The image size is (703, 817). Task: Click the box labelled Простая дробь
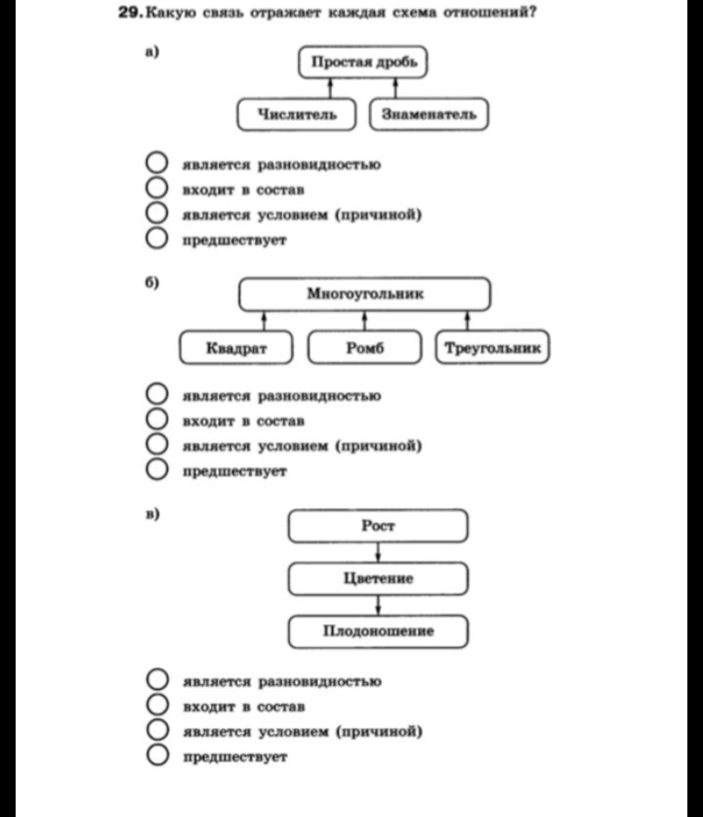(x=363, y=63)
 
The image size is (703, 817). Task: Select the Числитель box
(x=298, y=115)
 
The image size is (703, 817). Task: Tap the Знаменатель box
(x=429, y=115)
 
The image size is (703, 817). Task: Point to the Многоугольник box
(x=365, y=293)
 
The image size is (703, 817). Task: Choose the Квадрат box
(x=236, y=348)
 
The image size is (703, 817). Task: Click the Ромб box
(x=365, y=348)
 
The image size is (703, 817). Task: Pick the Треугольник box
(x=491, y=348)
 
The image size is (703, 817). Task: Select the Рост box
(x=378, y=526)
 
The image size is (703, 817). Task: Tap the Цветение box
(x=378, y=579)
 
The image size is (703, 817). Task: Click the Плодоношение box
(x=378, y=631)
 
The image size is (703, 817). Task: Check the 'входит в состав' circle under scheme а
(x=157, y=189)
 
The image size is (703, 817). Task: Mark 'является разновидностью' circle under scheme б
(x=157, y=395)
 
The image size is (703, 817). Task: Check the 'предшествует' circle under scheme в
(x=157, y=755)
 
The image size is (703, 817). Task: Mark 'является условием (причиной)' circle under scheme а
(x=157, y=213)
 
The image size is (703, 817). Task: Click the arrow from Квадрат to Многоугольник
(x=264, y=321)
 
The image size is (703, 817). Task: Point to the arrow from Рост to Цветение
(x=378, y=552)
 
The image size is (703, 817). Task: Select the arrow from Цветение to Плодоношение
(x=378, y=605)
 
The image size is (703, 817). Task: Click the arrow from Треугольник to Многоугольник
(x=468, y=321)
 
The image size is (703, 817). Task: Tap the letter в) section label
(x=152, y=512)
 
